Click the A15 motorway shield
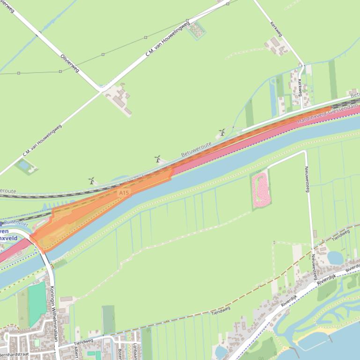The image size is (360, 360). point(123,193)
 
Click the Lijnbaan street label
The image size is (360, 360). point(136,351)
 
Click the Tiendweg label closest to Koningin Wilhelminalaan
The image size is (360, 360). point(84,343)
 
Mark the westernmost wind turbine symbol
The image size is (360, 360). point(92,180)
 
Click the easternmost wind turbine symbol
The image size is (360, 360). point(222,132)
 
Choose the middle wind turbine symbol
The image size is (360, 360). point(158,159)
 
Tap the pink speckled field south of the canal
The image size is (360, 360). point(260,190)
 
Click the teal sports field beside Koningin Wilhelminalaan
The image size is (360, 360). point(37,303)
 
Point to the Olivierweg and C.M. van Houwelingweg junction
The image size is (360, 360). point(101,89)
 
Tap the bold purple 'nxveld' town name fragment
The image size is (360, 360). point(8,238)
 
